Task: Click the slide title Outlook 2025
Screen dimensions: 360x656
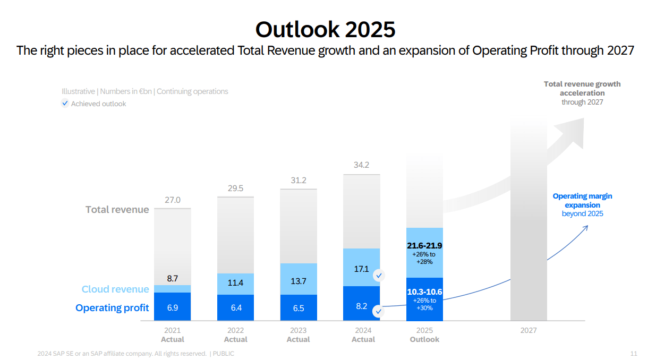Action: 325,29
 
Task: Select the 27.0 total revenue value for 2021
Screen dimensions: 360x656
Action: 173,200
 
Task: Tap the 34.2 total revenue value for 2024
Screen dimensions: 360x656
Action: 361,165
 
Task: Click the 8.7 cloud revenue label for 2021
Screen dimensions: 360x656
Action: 173,278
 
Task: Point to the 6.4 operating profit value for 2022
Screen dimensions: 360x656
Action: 235,307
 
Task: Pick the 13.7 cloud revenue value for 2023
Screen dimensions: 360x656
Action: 299,281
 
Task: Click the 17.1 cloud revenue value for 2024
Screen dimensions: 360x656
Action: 361,269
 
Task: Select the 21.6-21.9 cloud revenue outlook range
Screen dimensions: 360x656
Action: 424,246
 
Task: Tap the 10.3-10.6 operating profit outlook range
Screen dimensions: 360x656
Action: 424,292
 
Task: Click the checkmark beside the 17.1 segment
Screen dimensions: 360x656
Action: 379,276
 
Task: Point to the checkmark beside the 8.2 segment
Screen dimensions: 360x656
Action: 378,312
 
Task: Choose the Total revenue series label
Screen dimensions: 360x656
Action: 117,210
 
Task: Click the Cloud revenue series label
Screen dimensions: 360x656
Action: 115,289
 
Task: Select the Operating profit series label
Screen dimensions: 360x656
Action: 112,308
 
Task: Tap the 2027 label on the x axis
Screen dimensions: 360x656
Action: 529,330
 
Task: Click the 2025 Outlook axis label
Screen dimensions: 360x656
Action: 424,335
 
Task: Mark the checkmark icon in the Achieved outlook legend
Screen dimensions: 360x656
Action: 65,104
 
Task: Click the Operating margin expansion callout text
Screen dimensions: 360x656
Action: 582,204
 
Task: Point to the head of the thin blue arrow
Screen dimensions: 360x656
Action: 587,227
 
